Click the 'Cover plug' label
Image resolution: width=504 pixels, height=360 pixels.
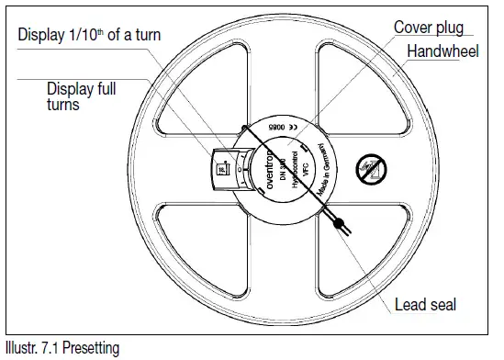pos(428,28)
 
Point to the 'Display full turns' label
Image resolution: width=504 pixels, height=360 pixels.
pos(84,96)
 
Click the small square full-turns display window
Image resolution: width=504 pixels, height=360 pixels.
pos(221,169)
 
